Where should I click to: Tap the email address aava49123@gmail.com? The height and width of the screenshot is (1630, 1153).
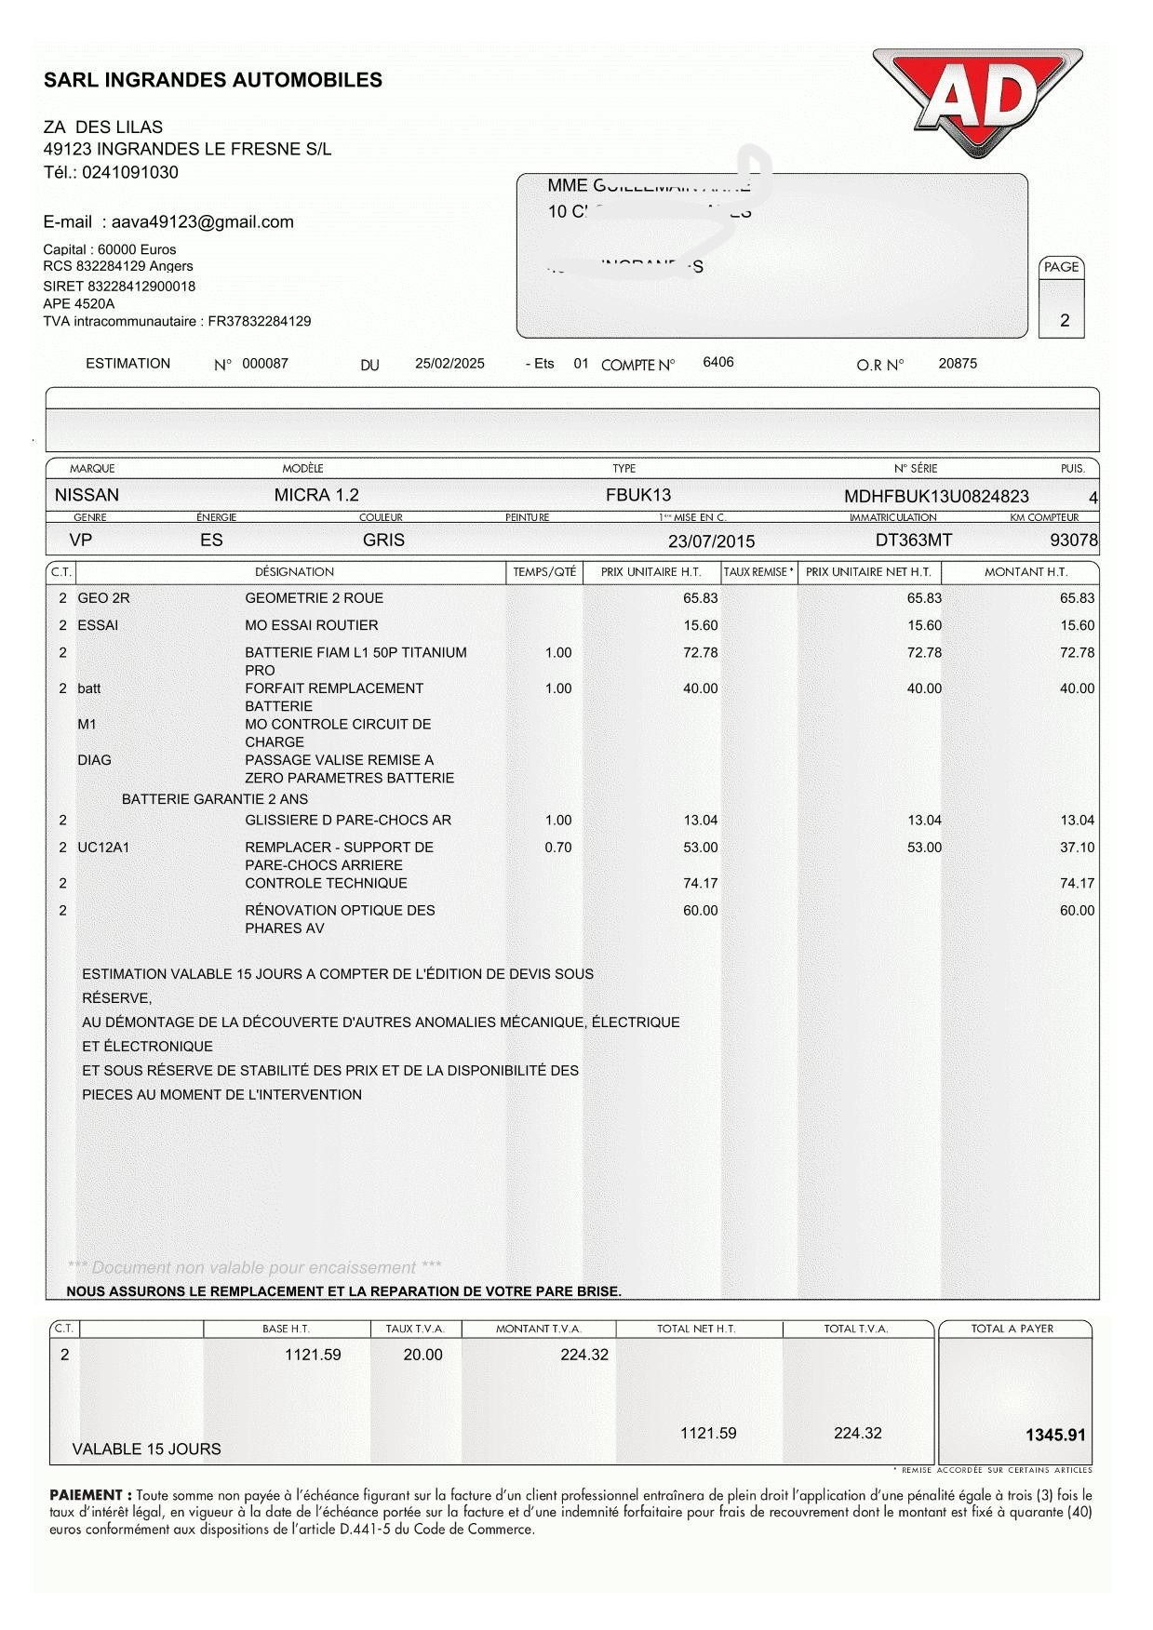pos(202,222)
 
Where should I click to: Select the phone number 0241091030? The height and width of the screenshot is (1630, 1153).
pos(130,172)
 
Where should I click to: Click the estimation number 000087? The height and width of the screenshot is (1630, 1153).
pos(265,364)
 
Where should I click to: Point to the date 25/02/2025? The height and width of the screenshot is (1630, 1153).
pos(449,364)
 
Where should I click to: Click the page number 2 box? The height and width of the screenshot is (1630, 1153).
pos(1062,312)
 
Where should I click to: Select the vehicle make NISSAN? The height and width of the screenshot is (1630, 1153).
pos(87,495)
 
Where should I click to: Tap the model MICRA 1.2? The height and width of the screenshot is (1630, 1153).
pos(316,495)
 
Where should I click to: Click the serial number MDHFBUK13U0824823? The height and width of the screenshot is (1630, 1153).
pos(936,497)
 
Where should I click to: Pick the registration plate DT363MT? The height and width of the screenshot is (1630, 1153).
pos(914,541)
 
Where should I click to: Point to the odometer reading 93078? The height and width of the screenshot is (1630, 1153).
pos(1073,541)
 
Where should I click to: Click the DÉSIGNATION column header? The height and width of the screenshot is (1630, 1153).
pos(294,572)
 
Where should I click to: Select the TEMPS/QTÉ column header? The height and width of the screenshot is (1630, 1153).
pos(544,572)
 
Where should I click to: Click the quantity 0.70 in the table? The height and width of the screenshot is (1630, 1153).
pos(558,848)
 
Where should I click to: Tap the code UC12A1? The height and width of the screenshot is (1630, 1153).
pos(103,848)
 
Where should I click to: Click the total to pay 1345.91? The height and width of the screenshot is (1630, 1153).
pos(1055,1436)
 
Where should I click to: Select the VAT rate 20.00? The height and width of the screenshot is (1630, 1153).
pos(422,1356)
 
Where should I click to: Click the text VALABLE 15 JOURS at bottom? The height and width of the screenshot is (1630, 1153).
pos(147,1450)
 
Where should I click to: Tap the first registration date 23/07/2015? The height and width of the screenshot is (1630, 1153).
pos(711,541)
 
